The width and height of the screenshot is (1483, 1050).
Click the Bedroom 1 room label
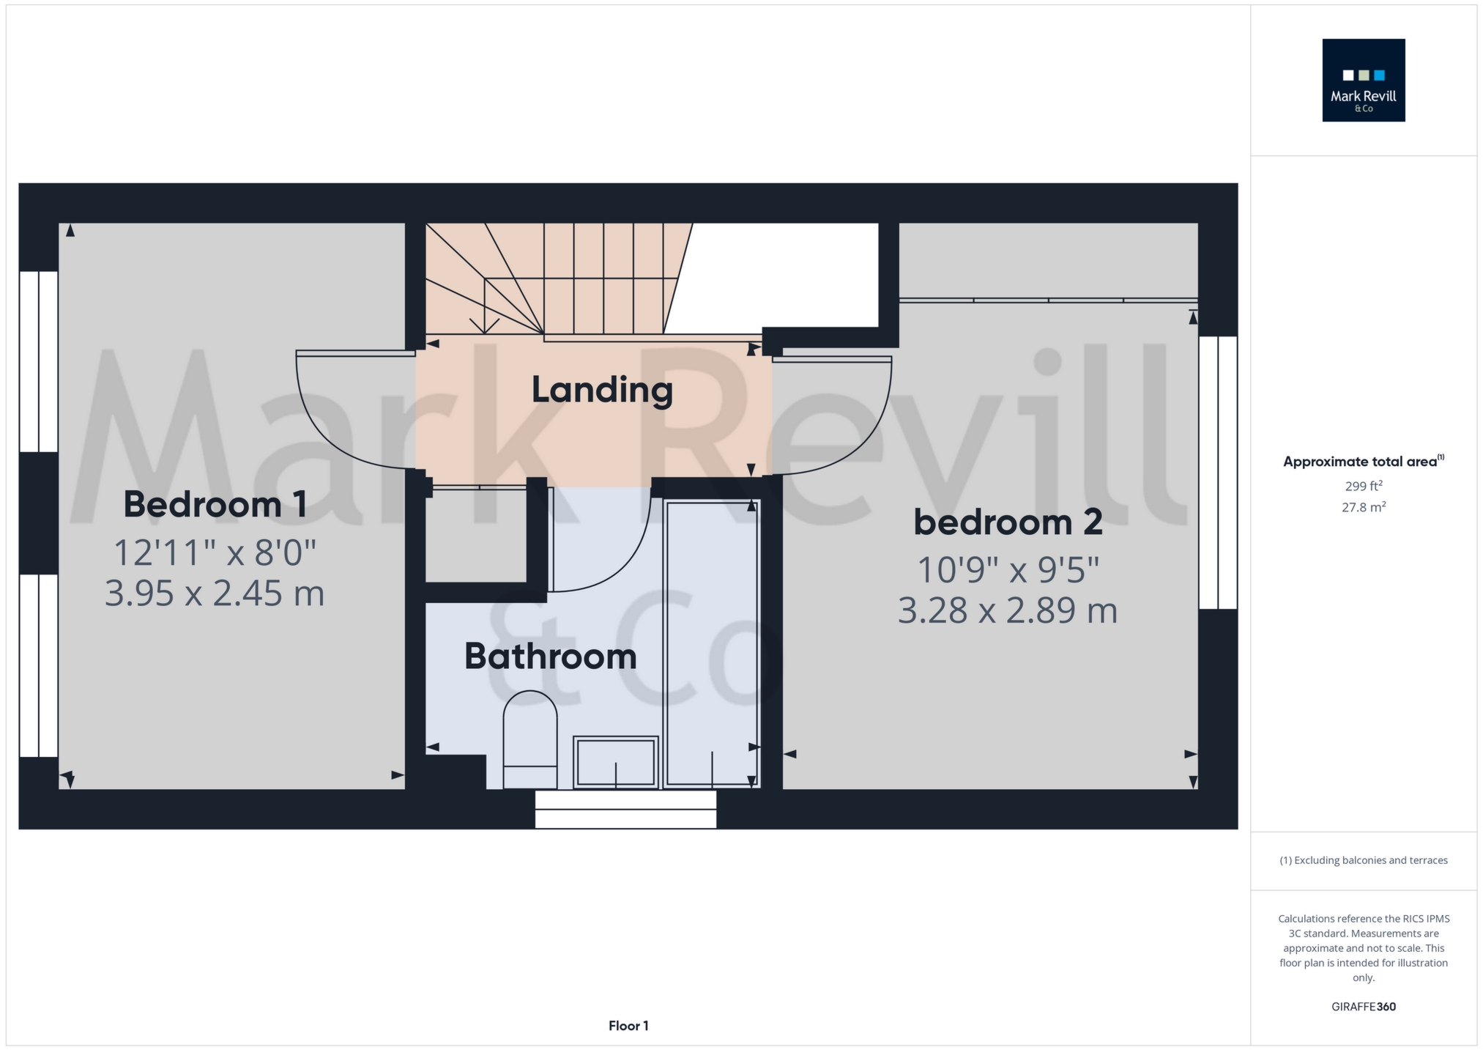pyautogui.click(x=215, y=504)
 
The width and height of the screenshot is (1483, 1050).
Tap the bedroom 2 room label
pyautogui.click(x=1008, y=522)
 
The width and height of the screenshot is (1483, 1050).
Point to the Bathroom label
pyautogui.click(x=551, y=656)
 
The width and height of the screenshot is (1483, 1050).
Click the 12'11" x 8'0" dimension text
pyautogui.click(x=215, y=552)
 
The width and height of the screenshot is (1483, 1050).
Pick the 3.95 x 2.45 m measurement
pyautogui.click(x=215, y=593)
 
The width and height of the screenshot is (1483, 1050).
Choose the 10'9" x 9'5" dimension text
pyautogui.click(x=1008, y=570)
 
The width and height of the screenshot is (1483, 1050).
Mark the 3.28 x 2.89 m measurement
pyautogui.click(x=1008, y=610)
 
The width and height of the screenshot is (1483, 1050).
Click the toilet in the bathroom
pyautogui.click(x=530, y=739)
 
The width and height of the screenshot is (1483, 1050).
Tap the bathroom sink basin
pyautogui.click(x=616, y=762)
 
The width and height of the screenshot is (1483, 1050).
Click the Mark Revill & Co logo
pyautogui.click(x=1363, y=80)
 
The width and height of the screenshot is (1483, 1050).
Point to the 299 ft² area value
pyautogui.click(x=1364, y=486)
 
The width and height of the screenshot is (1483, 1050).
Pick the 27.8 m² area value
pyautogui.click(x=1364, y=507)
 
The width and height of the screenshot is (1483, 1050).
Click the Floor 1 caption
pyautogui.click(x=628, y=1026)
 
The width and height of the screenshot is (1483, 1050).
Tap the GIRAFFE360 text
pyautogui.click(x=1364, y=1007)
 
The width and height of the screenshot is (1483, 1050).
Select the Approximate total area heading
pyautogui.click(x=1364, y=462)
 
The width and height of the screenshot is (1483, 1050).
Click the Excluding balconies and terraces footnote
pyautogui.click(x=1364, y=860)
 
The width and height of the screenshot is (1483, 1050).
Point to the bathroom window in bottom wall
pyautogui.click(x=625, y=809)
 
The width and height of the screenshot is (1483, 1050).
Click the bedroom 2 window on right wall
pyautogui.click(x=1218, y=473)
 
